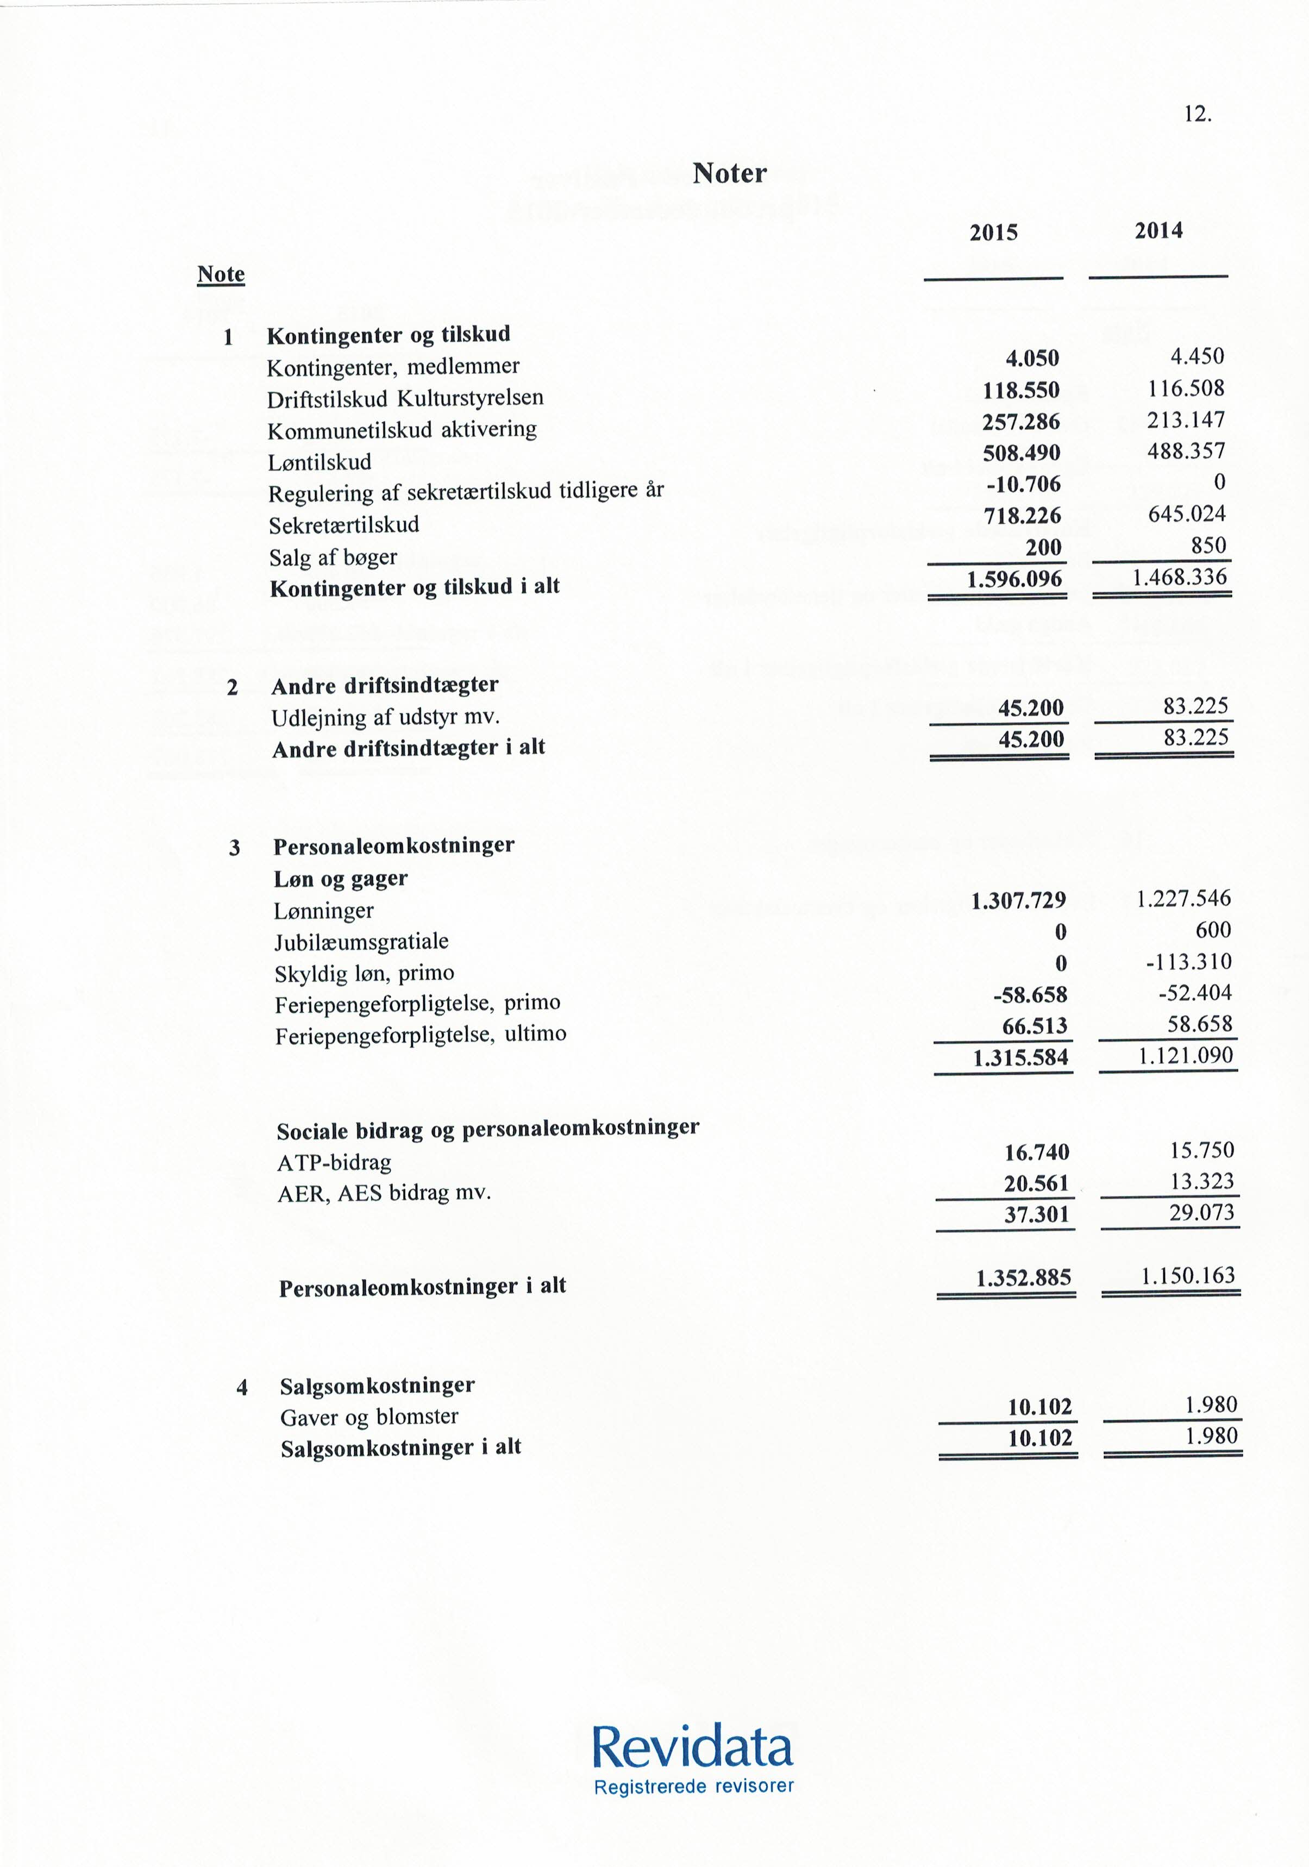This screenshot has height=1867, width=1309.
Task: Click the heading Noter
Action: [x=729, y=173]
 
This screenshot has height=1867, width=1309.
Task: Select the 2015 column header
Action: [x=993, y=234]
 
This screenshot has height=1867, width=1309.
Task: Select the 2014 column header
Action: [x=1158, y=231]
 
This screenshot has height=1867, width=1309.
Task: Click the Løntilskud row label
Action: [x=320, y=462]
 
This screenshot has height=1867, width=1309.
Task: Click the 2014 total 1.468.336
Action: [x=1180, y=578]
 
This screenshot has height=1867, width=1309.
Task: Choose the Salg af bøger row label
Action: [x=333, y=557]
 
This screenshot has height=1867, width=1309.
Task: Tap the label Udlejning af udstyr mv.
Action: [x=385, y=717]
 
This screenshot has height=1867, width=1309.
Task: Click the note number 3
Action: [x=234, y=848]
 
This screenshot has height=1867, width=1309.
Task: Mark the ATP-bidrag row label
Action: [x=334, y=1163]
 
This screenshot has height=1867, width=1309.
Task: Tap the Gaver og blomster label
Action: [x=369, y=1417]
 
